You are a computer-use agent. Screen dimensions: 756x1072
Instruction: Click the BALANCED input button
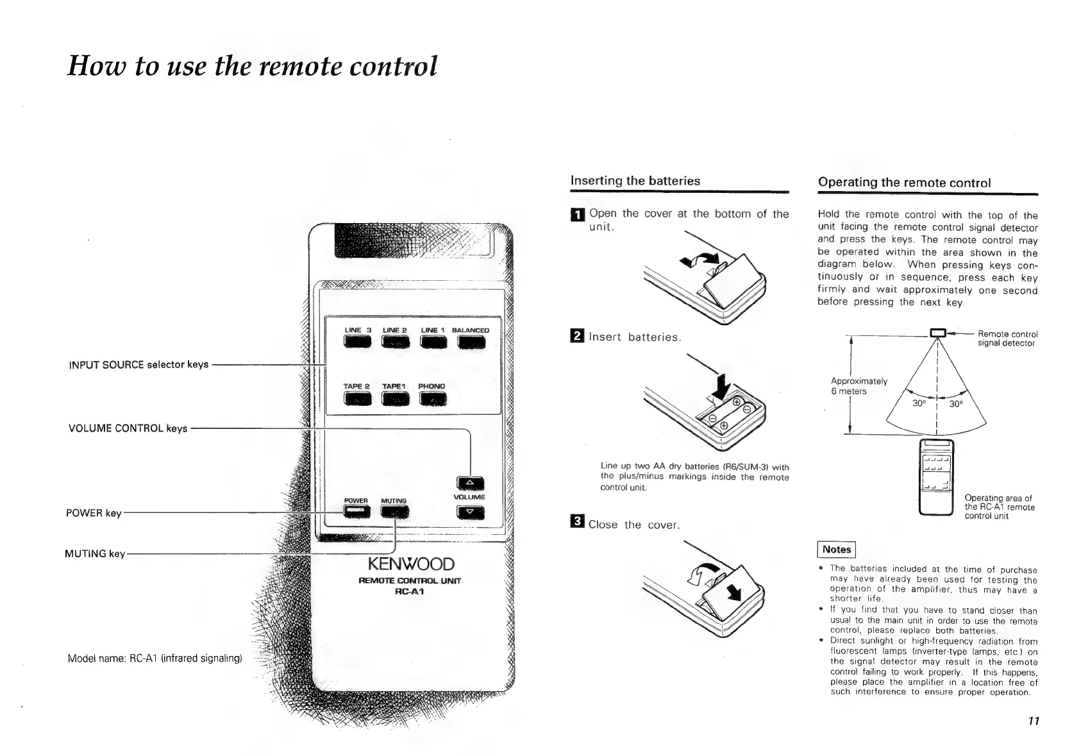[x=471, y=344]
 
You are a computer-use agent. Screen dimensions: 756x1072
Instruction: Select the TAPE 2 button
[x=357, y=399]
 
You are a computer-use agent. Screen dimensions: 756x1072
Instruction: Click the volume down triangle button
[x=469, y=512]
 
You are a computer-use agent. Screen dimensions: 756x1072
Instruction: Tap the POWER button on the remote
[x=356, y=511]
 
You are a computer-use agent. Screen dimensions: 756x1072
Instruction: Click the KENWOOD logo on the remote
[x=410, y=564]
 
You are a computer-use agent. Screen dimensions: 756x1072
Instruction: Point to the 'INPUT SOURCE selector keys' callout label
[x=138, y=364]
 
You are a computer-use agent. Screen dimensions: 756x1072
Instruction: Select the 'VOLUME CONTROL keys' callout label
[x=128, y=428]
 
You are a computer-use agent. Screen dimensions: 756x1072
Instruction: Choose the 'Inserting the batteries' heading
[x=635, y=181]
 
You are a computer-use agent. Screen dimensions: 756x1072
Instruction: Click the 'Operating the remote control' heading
[x=904, y=183]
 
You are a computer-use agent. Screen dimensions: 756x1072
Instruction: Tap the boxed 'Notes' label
[x=837, y=550]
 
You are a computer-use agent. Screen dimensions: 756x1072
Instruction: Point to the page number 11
[x=1033, y=721]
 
